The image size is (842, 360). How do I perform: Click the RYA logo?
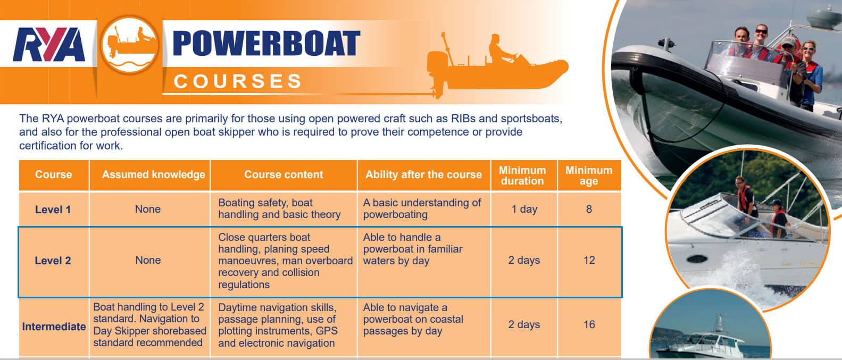click(49, 44)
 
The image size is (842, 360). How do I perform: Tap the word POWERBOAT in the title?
click(266, 44)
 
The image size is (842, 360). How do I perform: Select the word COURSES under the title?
click(238, 81)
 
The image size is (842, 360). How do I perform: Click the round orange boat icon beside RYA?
click(130, 44)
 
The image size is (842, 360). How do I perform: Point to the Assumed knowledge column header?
click(153, 174)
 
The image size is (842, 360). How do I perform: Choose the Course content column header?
click(284, 174)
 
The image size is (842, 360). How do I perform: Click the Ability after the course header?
click(423, 174)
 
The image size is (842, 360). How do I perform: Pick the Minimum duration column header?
click(522, 175)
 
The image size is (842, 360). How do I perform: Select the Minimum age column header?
click(589, 175)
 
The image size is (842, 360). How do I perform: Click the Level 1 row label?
click(53, 210)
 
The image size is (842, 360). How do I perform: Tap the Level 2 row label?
click(53, 261)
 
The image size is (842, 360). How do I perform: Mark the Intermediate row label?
click(54, 326)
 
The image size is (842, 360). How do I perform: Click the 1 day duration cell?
click(524, 209)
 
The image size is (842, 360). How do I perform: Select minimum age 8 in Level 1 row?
click(589, 209)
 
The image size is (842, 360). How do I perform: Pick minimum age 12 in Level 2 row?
click(589, 260)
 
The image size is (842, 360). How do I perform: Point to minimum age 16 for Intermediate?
click(589, 324)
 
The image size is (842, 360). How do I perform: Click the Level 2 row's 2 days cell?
click(524, 260)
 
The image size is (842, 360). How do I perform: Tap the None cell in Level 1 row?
click(148, 209)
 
